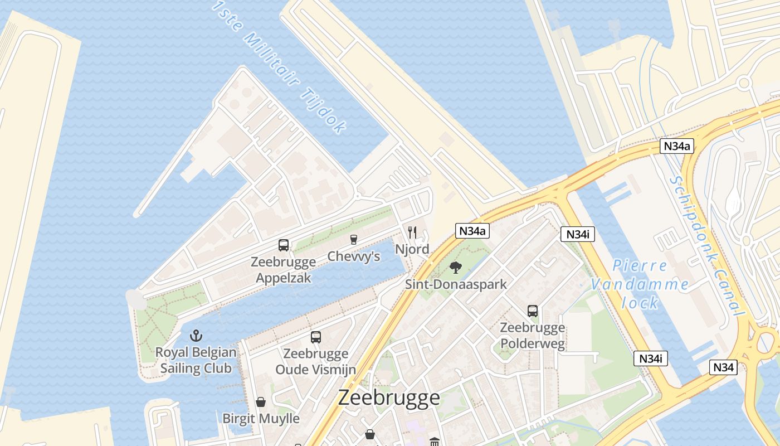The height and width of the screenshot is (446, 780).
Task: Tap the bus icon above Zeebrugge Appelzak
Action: (x=284, y=245)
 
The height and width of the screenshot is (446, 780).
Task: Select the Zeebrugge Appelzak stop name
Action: (x=283, y=269)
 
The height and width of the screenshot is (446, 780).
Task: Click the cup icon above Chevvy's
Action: (x=353, y=240)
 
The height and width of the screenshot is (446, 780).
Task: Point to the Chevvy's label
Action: (x=354, y=256)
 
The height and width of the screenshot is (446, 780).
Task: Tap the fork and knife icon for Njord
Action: (x=412, y=232)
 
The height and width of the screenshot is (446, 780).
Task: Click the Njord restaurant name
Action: (x=412, y=249)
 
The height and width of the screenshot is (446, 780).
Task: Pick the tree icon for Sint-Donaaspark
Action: (x=456, y=267)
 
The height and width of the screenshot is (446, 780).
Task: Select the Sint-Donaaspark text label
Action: (x=456, y=284)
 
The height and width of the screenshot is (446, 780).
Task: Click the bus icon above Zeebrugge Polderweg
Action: (x=533, y=311)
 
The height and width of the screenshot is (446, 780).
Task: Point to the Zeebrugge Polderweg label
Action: (x=533, y=336)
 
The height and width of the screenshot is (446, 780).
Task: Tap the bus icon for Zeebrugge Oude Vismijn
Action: (x=316, y=337)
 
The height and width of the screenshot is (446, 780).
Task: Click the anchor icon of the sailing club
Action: (x=196, y=336)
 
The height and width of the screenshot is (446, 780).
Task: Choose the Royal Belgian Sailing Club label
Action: (x=196, y=360)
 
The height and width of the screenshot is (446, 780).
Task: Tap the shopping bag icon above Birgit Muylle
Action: (x=261, y=401)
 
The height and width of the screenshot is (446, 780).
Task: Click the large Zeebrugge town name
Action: (x=389, y=397)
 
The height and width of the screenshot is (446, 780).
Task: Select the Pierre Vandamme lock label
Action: (x=640, y=284)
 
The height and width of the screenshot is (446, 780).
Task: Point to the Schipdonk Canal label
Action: (x=708, y=245)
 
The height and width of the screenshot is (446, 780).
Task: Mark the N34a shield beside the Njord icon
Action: (x=472, y=231)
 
